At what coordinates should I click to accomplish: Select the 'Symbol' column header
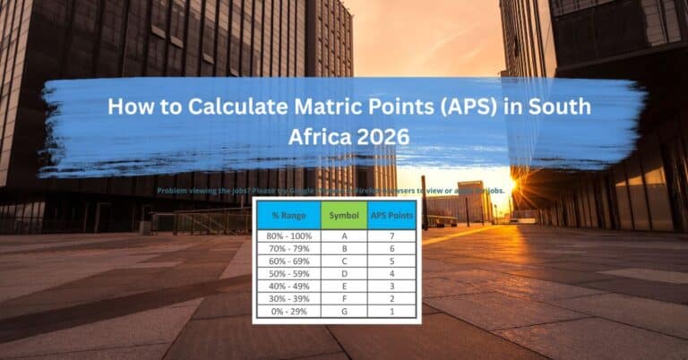[x=344, y=215]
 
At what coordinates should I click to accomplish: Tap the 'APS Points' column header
[x=391, y=215]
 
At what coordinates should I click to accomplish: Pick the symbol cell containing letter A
[x=344, y=235]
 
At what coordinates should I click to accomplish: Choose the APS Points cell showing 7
[x=391, y=235]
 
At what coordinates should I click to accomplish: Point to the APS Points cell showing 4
[x=391, y=272]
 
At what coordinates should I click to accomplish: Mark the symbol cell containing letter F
[x=344, y=297]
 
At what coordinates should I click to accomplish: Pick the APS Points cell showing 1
[x=391, y=310]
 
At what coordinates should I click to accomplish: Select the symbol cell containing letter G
[x=344, y=310]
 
